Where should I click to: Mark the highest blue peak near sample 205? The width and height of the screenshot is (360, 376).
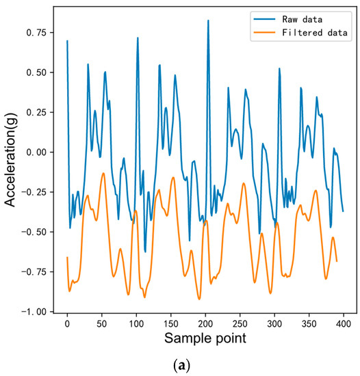[x=208, y=21]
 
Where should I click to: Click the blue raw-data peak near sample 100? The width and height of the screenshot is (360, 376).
[x=138, y=38]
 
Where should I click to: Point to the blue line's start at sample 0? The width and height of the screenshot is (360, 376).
[x=67, y=40]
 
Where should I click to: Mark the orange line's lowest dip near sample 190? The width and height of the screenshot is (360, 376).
[x=199, y=299]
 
